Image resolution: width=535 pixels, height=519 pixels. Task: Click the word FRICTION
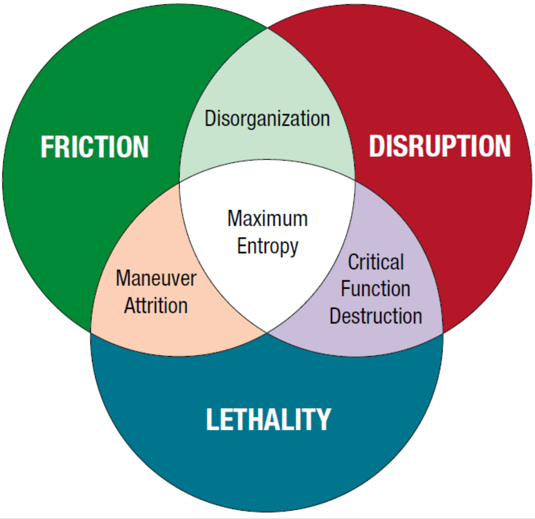point(95,147)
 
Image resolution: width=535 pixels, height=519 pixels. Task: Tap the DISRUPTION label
point(440,146)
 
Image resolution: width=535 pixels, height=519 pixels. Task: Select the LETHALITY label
point(268,419)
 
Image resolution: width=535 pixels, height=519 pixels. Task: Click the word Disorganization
point(267,119)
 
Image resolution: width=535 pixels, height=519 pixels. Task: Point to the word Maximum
point(267,218)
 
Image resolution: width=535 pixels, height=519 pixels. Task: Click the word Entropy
point(267,246)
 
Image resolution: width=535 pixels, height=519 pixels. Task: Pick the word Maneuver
point(156,278)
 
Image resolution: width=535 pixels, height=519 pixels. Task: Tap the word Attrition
point(156,306)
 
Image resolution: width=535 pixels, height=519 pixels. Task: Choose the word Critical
point(376,262)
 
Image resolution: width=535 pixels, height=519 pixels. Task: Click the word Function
point(376,288)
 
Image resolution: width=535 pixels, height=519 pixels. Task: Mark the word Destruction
point(376,316)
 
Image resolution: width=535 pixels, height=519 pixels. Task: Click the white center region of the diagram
point(267,280)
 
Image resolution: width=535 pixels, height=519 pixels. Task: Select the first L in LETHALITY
point(212,419)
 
